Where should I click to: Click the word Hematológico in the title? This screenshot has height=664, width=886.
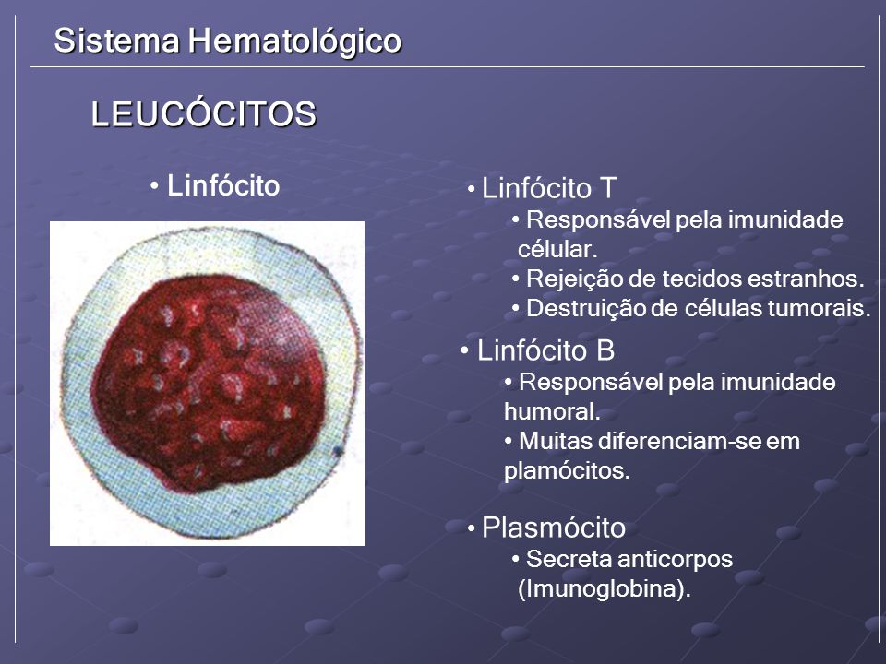pyautogui.click(x=295, y=41)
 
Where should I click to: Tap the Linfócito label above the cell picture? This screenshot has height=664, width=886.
pyautogui.click(x=223, y=185)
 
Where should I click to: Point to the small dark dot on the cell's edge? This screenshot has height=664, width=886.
pyautogui.click(x=339, y=451)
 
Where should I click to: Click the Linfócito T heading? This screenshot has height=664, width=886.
pyautogui.click(x=548, y=188)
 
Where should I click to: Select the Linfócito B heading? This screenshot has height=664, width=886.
pyautogui.click(x=545, y=350)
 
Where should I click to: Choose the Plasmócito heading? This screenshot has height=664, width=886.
pyautogui.click(x=554, y=528)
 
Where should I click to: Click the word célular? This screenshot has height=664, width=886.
pyautogui.click(x=557, y=249)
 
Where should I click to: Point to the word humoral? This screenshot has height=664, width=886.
pyautogui.click(x=552, y=411)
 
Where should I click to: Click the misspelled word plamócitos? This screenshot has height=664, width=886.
pyautogui.click(x=567, y=471)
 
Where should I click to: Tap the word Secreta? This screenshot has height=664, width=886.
pyautogui.click(x=569, y=560)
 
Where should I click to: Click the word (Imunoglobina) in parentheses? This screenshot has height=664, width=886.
pyautogui.click(x=604, y=589)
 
